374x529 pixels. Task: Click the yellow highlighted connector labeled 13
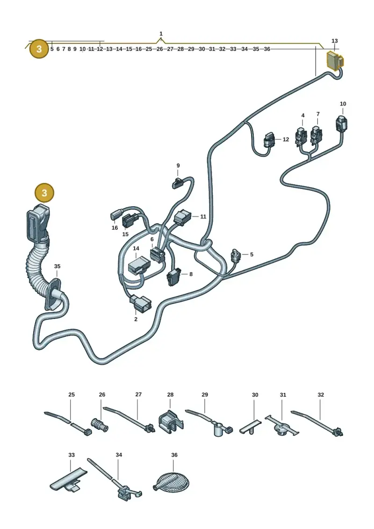pyautogui.click(x=335, y=60)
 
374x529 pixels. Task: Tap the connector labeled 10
pyautogui.click(x=341, y=123)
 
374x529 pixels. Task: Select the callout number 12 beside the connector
pyautogui.click(x=286, y=139)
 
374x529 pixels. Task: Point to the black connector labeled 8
pyautogui.click(x=173, y=276)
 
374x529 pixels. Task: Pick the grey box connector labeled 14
pyautogui.click(x=139, y=265)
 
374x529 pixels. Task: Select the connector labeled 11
pyautogui.click(x=182, y=217)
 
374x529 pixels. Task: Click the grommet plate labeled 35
pyautogui.click(x=53, y=294)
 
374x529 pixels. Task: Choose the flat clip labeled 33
pyautogui.click(x=69, y=480)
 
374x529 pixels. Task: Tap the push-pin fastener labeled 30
pyautogui.click(x=251, y=428)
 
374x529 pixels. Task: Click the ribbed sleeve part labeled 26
pyautogui.click(x=100, y=425)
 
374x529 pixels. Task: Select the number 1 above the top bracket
pyautogui.click(x=161, y=34)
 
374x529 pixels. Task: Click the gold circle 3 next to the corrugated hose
pyautogui.click(x=44, y=193)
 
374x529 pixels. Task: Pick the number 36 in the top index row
pyautogui.click(x=267, y=49)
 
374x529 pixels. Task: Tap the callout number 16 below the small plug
pyautogui.click(x=115, y=228)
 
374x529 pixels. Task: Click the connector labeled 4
pyautogui.click(x=301, y=136)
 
